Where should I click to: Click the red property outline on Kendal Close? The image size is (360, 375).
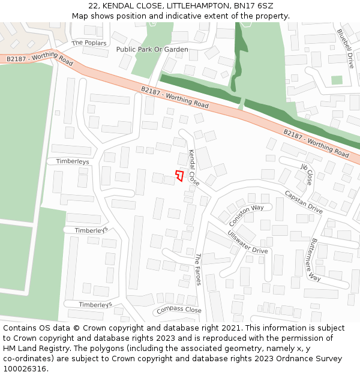click(x=179, y=176)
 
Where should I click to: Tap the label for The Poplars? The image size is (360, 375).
click(x=89, y=43)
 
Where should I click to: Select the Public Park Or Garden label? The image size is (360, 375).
click(x=152, y=49)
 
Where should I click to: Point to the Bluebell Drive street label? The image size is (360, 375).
click(x=346, y=48)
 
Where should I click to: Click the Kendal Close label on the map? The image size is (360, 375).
click(x=194, y=167)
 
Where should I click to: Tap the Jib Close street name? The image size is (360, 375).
click(x=307, y=173)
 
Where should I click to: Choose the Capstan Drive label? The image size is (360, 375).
click(x=304, y=203)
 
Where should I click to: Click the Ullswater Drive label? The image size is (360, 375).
click(x=248, y=241)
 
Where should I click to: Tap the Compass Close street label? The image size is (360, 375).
click(x=178, y=310)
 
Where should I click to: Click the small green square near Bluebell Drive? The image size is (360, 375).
click(x=337, y=80)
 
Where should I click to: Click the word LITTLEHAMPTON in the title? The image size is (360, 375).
click(x=193, y=5)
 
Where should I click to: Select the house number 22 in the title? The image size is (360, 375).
click(x=92, y=5)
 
